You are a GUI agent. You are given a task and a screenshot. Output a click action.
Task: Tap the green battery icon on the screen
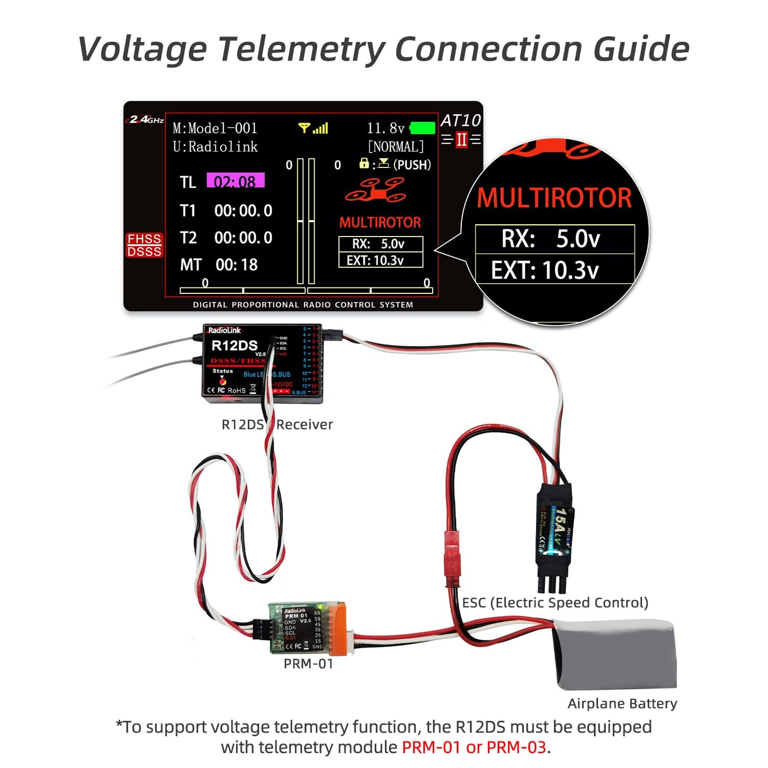tap(423, 128)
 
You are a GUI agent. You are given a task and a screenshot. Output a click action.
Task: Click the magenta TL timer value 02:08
tap(235, 181)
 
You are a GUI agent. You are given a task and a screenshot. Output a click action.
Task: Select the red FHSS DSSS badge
tap(144, 245)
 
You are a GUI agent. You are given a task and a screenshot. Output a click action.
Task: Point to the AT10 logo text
tap(460, 121)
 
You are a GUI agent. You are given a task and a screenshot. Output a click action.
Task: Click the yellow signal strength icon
tap(313, 128)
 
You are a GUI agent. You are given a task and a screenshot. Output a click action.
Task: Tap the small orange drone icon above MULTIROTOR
tap(376, 190)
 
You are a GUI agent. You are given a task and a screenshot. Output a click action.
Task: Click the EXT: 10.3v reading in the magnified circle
tap(545, 270)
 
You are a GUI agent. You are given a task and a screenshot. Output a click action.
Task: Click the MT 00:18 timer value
tap(237, 265)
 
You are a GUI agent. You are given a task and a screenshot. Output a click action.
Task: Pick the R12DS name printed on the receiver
tap(234, 345)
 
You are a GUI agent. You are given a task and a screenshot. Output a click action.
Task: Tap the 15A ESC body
tap(554, 529)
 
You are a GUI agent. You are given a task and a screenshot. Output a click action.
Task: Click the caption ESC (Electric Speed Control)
tap(555, 603)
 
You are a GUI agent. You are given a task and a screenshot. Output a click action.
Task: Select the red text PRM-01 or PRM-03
tap(474, 747)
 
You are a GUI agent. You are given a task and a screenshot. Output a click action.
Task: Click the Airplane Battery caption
tap(622, 704)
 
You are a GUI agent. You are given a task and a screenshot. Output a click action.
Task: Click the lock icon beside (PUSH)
tap(364, 163)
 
